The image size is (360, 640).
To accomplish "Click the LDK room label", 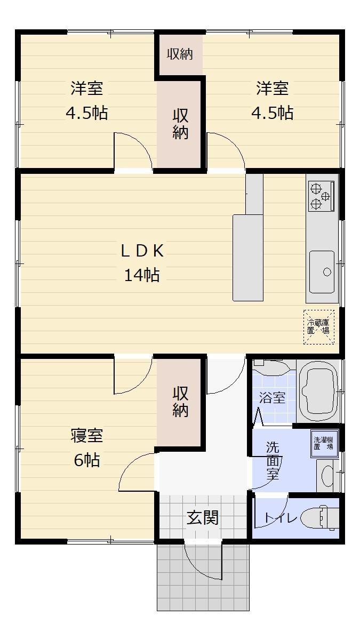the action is pos(142,251).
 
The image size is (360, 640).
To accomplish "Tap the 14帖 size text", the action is pos(142,275).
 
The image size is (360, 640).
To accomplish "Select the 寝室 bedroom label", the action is pos(87,435).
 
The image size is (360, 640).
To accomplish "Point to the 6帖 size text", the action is pos(87,460).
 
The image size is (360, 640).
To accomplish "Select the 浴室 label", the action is pos(273,397).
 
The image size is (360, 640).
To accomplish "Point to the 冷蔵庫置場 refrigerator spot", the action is pos(318,327).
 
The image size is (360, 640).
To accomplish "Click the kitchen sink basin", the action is pos(322,271).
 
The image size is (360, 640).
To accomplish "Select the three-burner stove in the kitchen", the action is pos(321,196).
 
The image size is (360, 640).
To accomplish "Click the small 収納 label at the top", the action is pos(180,54).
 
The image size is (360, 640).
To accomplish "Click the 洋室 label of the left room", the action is pos(87,88).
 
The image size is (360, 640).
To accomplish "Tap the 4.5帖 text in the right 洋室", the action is pos(273,113).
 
